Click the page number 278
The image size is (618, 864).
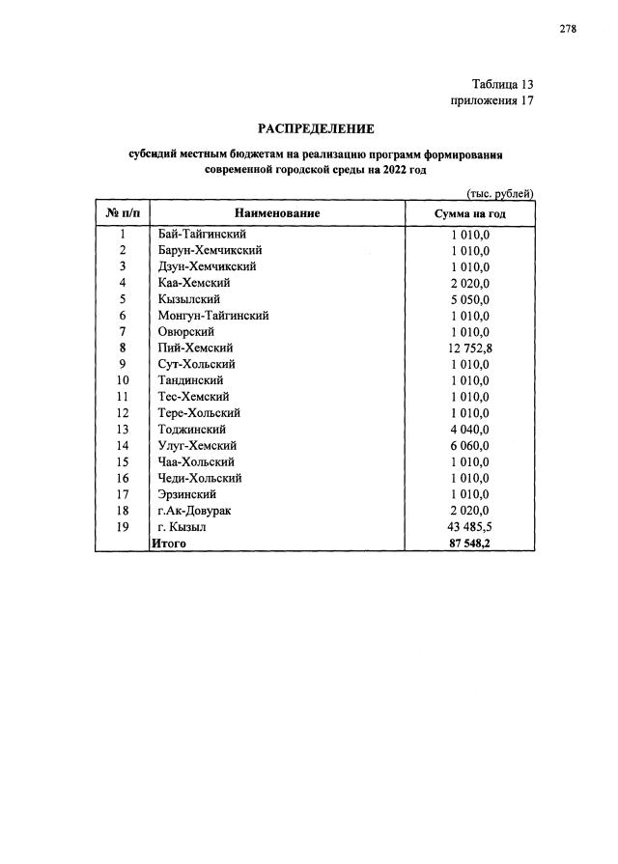pyautogui.click(x=568, y=29)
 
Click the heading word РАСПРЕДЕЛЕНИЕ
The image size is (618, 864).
pyautogui.click(x=315, y=128)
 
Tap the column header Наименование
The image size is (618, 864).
pyautogui.click(x=277, y=213)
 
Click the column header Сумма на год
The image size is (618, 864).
pyautogui.click(x=470, y=213)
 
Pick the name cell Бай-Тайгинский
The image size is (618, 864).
pyautogui.click(x=202, y=234)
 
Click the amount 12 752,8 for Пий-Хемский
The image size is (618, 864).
pyautogui.click(x=469, y=348)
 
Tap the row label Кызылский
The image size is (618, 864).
pyautogui.click(x=188, y=299)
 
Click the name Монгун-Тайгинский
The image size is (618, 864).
pyautogui.click(x=212, y=316)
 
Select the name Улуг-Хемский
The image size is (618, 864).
pyautogui.click(x=197, y=446)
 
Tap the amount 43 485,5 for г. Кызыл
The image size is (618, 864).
pyautogui.click(x=469, y=527)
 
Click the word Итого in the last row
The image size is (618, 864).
pyautogui.click(x=168, y=543)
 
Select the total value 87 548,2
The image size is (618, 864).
pyautogui.click(x=469, y=543)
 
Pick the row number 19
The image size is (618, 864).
pyautogui.click(x=123, y=527)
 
